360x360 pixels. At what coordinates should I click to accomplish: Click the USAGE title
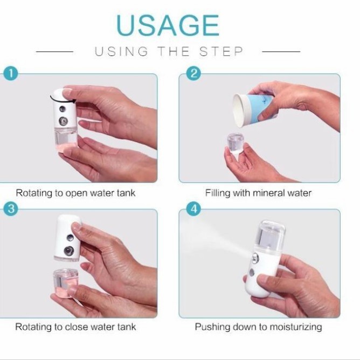click(168, 25)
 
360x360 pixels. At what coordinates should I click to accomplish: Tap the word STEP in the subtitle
click(221, 51)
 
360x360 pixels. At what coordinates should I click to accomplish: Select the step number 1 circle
click(11, 74)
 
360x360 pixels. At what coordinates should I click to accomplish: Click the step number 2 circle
click(193, 74)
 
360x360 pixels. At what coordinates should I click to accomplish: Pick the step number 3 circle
click(11, 209)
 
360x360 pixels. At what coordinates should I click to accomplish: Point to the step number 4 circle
click(193, 209)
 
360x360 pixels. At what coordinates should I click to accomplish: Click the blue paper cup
click(254, 109)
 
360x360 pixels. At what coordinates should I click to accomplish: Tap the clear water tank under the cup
click(236, 143)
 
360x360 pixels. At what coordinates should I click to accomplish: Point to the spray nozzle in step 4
click(255, 258)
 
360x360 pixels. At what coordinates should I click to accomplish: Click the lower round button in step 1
click(63, 121)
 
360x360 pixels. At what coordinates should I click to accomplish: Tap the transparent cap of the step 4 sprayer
click(270, 236)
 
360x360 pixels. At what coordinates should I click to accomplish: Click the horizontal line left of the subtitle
click(54, 52)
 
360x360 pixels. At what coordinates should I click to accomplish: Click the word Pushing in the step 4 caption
click(212, 327)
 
